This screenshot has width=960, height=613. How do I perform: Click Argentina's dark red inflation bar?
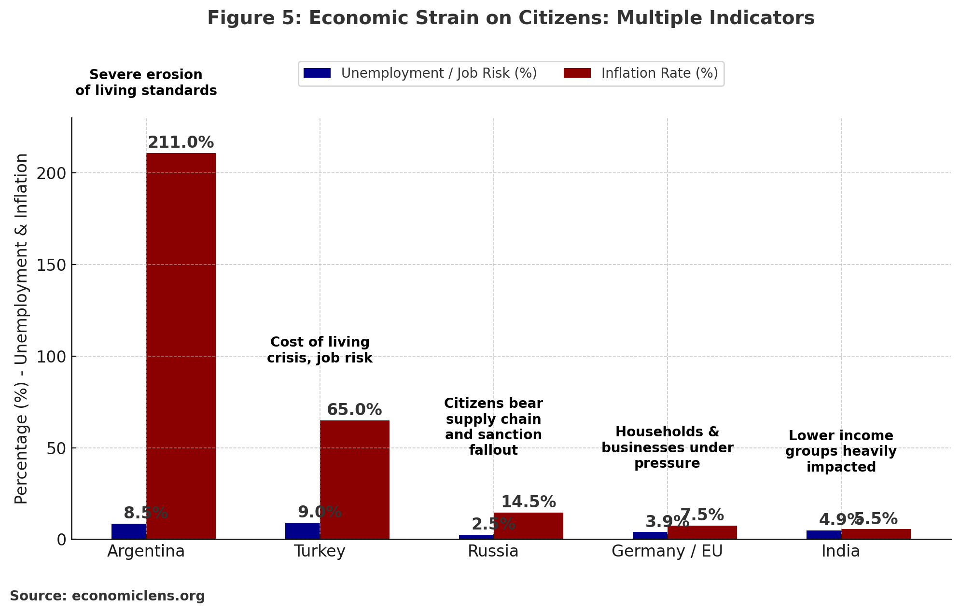pos(181,346)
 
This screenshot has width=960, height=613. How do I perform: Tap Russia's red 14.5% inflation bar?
pos(529,526)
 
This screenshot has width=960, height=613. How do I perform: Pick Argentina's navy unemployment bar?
pos(129,531)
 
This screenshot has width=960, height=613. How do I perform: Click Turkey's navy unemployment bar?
pos(303,531)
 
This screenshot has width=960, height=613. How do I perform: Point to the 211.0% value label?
pos(181,143)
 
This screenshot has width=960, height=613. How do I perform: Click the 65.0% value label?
pos(355,410)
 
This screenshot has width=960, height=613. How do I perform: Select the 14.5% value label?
pos(529,502)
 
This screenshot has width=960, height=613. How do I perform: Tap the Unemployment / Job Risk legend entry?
pos(420,73)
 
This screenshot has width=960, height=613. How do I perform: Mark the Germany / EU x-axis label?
pos(667,551)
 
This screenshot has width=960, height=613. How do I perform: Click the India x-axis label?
pos(841,551)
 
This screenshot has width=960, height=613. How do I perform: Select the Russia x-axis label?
pos(493,551)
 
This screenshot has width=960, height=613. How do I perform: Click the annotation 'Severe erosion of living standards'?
pos(146,83)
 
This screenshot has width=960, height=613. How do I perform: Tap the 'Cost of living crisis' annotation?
pos(320,350)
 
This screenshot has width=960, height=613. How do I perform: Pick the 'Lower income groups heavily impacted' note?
pos(841,451)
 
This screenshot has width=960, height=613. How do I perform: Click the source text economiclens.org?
pos(108,596)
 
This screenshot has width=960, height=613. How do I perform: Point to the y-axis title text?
pos(21,328)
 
